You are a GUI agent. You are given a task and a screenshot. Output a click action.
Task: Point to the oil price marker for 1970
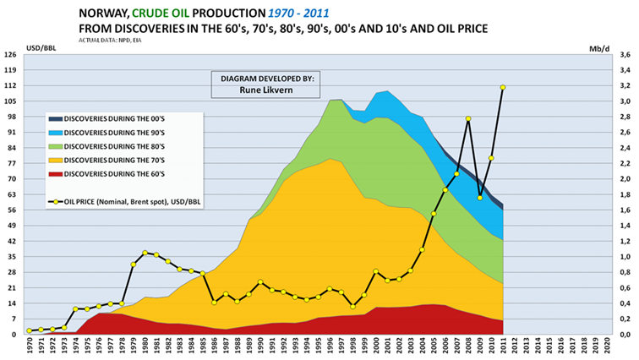(x=29, y=330)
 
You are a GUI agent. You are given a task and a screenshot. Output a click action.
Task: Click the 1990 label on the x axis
(x=261, y=347)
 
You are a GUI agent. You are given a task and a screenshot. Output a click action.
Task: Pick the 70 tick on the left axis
(x=11, y=179)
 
